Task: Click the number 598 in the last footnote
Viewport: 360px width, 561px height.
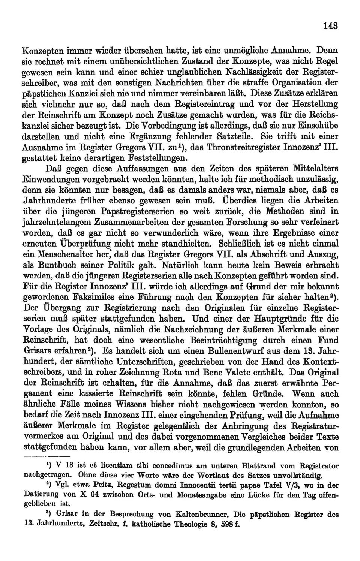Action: point(222,524)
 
